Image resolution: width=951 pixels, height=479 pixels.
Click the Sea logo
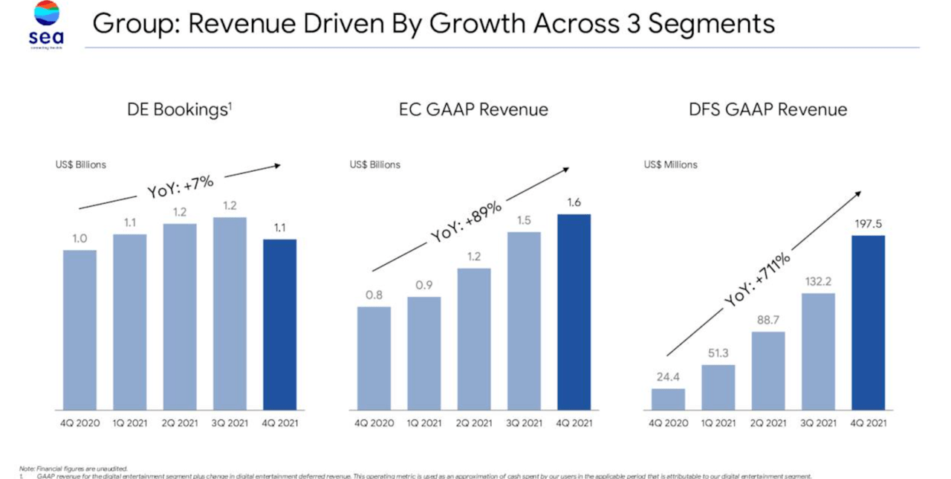[47, 25]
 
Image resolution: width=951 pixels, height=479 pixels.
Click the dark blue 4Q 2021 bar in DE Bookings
[279, 324]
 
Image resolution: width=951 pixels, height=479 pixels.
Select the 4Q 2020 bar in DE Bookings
[79, 329]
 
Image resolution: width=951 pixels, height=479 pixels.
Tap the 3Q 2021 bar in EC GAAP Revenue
[524, 321]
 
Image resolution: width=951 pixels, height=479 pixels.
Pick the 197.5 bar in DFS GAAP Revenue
[868, 323]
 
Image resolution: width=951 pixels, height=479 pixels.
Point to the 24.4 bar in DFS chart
[668, 399]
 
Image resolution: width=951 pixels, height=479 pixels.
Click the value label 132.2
[817, 281]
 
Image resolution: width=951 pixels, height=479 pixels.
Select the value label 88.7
[767, 319]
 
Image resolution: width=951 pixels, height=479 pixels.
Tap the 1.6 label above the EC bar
[574, 202]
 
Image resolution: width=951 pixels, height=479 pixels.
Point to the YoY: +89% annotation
[468, 221]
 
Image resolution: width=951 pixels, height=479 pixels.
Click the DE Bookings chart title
[179, 110]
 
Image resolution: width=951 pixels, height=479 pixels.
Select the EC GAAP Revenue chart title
[473, 110]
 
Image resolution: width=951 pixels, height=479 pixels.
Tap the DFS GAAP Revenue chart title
[767, 110]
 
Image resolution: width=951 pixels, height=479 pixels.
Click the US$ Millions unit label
[670, 164]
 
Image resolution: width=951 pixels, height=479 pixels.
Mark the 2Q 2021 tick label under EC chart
[473, 423]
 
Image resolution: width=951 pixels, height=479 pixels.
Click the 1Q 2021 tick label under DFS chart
[718, 423]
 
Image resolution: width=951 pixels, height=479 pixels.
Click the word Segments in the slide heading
[711, 24]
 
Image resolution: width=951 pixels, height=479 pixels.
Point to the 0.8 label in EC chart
[374, 295]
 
